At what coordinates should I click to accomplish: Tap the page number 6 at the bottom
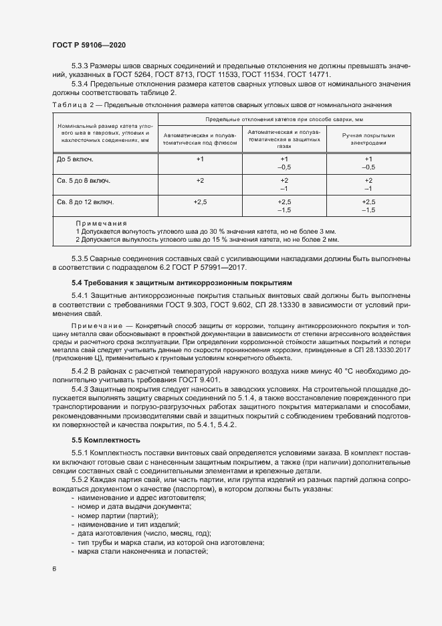click(x=54, y=569)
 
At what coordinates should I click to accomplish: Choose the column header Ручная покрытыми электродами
click(x=368, y=139)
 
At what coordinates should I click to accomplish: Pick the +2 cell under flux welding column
click(x=199, y=181)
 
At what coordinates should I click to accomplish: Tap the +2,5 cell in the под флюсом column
click(x=199, y=201)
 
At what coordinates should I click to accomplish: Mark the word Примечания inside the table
click(x=101, y=223)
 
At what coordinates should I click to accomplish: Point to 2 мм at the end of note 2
click(x=330, y=238)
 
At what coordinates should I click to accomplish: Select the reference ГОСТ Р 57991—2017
click(x=215, y=268)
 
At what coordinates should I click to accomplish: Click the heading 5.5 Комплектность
click(x=106, y=440)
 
